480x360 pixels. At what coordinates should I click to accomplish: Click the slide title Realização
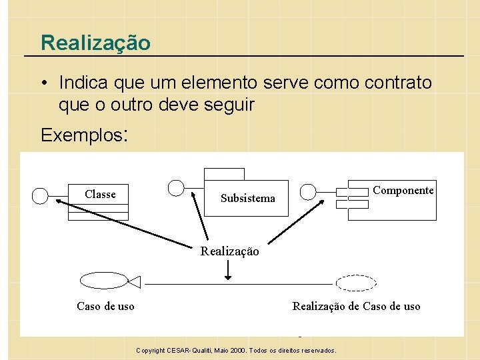[x=95, y=43]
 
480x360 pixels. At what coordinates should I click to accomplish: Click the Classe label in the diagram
[x=100, y=194]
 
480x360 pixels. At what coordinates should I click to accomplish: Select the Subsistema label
[x=247, y=198]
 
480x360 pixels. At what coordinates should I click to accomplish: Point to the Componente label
[x=403, y=190]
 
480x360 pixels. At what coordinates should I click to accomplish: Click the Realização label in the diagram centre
[x=230, y=251]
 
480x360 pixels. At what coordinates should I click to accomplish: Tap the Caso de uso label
[x=105, y=306]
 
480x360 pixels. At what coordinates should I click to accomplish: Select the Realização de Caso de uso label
[x=356, y=306]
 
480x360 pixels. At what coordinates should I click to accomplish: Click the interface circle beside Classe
[x=41, y=195]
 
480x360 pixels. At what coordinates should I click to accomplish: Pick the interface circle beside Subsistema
[x=176, y=188]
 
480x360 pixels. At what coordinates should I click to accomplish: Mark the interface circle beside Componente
[x=307, y=192]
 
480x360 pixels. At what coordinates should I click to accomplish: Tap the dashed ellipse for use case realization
[x=356, y=283]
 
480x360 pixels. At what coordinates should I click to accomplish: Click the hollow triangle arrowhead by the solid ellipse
[x=135, y=283]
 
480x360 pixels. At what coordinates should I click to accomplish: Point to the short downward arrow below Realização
[x=228, y=269]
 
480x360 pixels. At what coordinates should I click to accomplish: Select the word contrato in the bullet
[x=398, y=83]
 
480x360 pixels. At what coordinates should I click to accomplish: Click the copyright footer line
[x=236, y=350]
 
